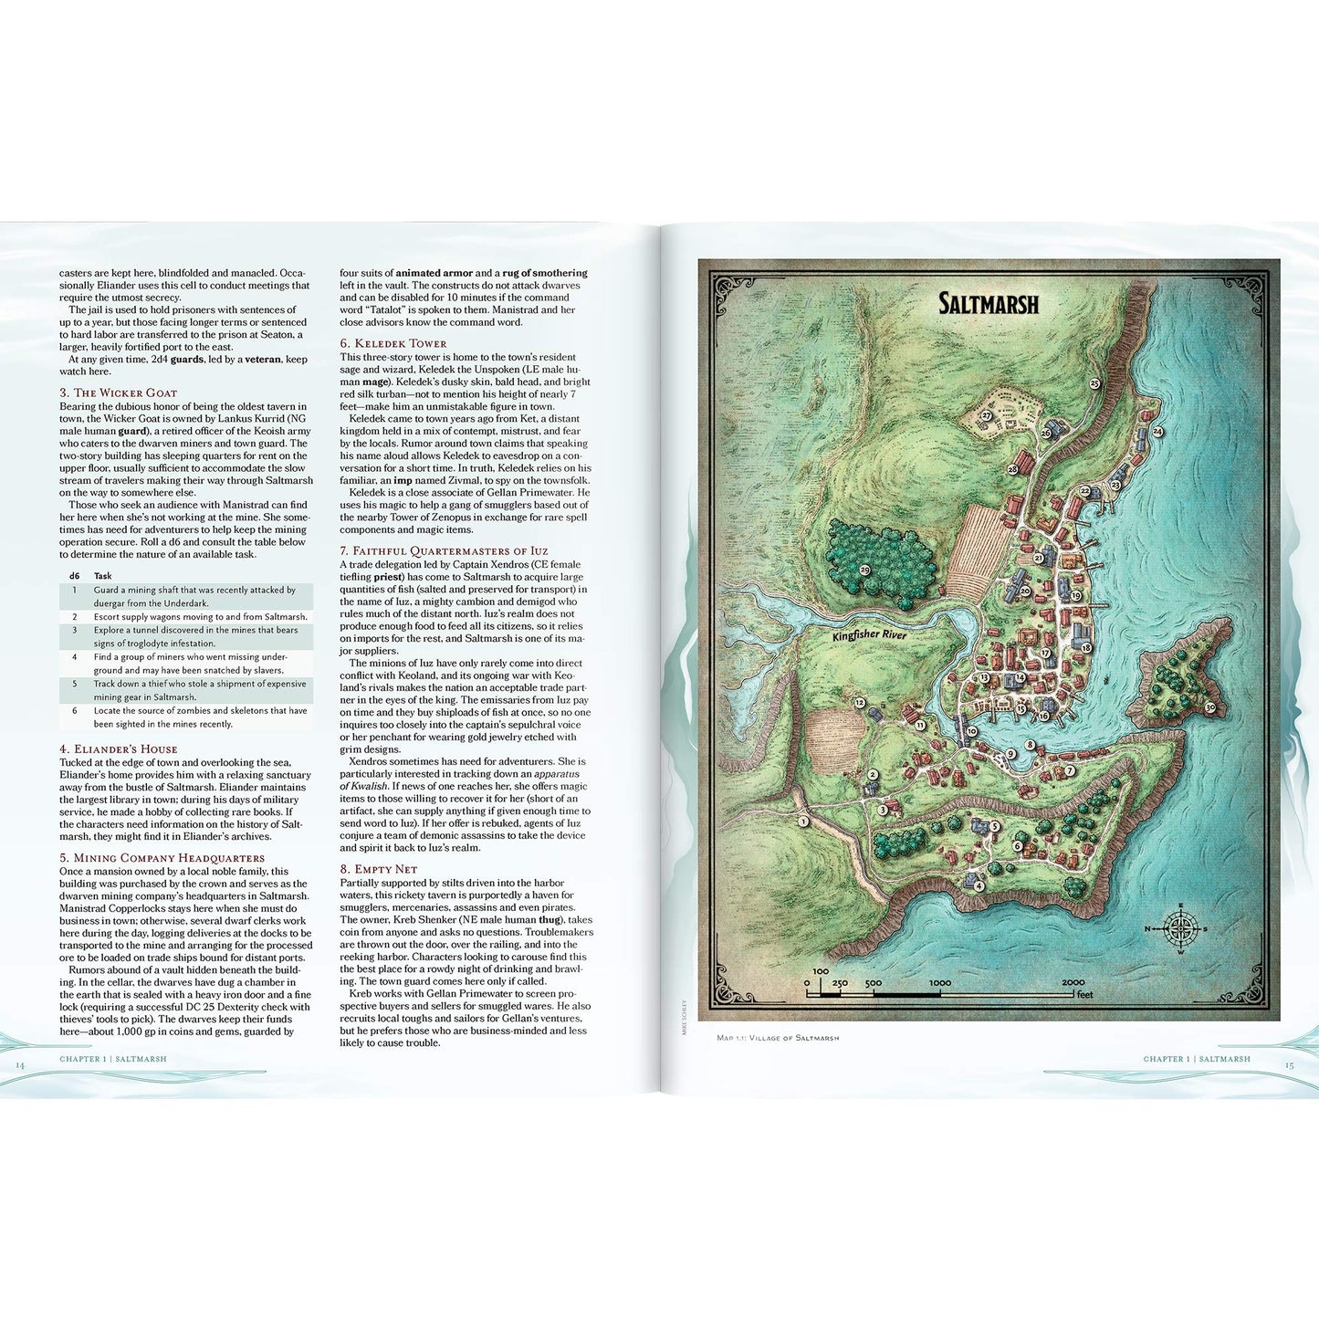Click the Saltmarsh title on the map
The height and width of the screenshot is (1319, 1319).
989,304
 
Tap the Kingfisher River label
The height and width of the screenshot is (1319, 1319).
869,634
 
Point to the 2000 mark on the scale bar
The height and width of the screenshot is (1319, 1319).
1073,983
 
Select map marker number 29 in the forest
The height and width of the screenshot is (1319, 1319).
865,570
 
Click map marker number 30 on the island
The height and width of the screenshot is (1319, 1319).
1209,707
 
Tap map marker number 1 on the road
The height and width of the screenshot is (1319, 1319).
803,822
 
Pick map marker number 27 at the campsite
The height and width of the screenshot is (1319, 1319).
987,415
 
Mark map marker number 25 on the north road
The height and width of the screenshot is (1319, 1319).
1094,384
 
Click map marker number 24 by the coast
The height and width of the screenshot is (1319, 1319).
1157,431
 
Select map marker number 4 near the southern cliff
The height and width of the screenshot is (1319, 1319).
979,885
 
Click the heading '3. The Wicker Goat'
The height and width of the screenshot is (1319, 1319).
119,393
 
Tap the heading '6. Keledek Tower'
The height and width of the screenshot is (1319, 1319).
393,343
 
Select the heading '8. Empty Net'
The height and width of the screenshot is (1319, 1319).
378,869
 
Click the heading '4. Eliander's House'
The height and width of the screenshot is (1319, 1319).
119,748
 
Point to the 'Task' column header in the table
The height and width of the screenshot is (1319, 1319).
102,576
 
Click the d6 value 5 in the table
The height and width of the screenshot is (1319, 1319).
75,684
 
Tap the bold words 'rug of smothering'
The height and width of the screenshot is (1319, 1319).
546,273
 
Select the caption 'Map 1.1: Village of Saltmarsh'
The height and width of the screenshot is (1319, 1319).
778,1038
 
